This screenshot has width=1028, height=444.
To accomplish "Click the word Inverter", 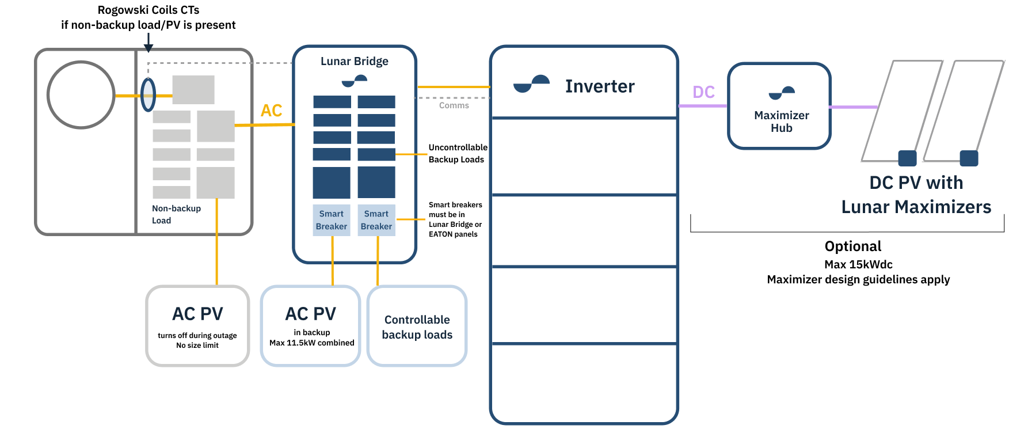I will pos(599,86).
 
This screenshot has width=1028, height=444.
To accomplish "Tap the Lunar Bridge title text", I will pos(354,61).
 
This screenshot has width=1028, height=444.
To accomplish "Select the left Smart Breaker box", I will pos(331,220).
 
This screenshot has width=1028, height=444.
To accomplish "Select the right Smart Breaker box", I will pos(376,220).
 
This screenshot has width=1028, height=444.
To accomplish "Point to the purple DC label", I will pos(703,92).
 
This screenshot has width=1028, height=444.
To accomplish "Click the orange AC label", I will pos(271,110).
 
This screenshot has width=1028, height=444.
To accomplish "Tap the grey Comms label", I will pos(454,105).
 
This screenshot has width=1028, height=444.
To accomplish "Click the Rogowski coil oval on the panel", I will pos(149,95).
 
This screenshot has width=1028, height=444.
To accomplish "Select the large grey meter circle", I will pos(81,95).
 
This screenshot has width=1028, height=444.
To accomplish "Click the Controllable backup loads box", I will pos(417,327).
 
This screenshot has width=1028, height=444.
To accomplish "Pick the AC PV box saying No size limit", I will pos(197,326).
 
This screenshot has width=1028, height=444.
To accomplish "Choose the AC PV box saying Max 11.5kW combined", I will pos(311,326).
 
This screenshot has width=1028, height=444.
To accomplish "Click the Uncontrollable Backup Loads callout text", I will pos(457,153).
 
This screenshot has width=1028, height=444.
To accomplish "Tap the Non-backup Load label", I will pos(176,214).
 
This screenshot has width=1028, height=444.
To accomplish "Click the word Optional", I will pos(852,246).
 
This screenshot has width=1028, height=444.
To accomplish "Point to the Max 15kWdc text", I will pos(858,264).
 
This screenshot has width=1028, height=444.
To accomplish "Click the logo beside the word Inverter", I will pos(531,84).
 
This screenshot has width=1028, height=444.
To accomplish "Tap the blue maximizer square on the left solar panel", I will pos(907,158).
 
